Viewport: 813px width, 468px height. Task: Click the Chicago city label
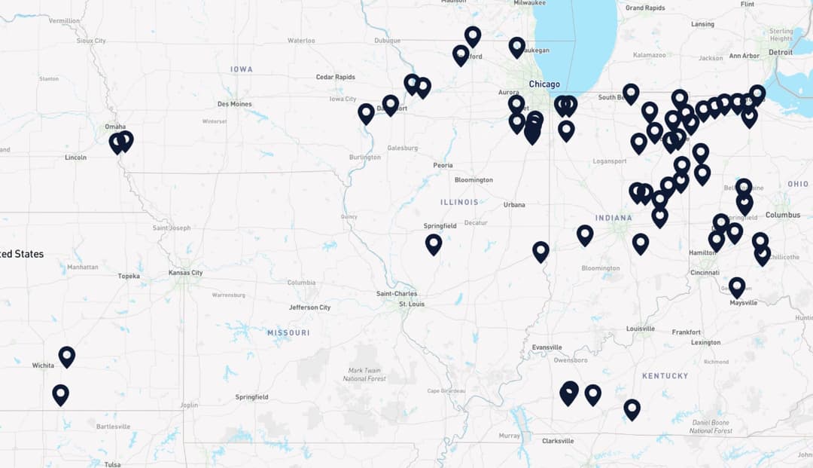click(544, 84)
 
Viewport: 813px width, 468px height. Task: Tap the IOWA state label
click(242, 69)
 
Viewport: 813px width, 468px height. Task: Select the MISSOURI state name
click(288, 332)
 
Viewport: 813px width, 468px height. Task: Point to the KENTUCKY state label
click(665, 375)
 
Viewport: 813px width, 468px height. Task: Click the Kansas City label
click(185, 273)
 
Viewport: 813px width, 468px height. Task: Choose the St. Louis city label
click(413, 304)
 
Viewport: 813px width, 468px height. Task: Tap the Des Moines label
click(234, 104)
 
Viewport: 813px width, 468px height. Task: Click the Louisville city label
click(640, 329)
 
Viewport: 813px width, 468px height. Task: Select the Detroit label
click(780, 52)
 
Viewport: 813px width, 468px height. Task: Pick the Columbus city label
click(783, 215)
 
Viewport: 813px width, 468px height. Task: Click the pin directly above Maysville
click(737, 286)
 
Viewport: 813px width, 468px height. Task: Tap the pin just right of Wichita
click(67, 356)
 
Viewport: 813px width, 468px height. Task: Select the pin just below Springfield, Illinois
click(434, 243)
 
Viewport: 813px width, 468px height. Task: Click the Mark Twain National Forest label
click(367, 374)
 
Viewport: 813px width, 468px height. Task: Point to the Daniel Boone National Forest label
click(711, 427)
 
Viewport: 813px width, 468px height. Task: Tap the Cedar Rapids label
click(335, 77)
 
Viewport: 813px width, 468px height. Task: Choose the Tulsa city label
click(112, 464)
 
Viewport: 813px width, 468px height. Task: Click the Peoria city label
click(443, 165)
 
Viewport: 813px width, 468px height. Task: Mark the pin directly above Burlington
click(366, 113)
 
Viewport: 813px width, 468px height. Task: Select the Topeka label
click(129, 276)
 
